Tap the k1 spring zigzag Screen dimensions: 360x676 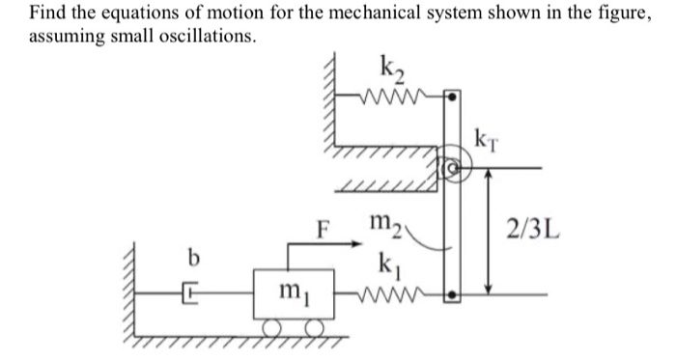[x=397, y=288]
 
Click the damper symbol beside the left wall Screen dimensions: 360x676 [x=189, y=288]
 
